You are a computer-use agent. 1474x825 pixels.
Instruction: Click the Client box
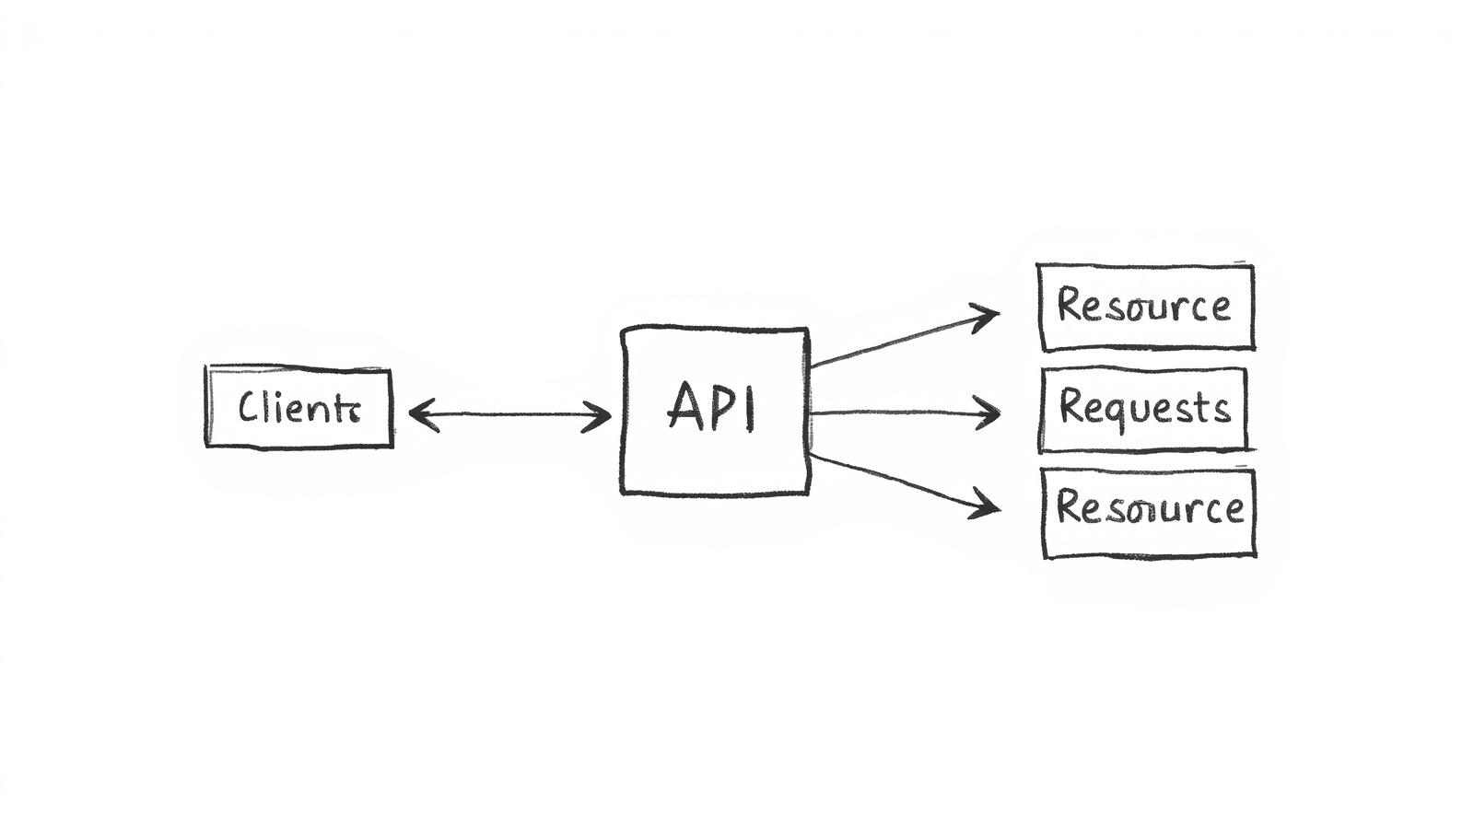(298, 408)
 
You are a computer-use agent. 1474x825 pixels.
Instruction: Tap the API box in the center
(715, 410)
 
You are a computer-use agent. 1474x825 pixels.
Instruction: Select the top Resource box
(1146, 308)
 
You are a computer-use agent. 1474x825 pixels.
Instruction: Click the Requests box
(1143, 410)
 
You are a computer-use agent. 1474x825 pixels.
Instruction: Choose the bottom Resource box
(1149, 512)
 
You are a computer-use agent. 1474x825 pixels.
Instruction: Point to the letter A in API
(683, 407)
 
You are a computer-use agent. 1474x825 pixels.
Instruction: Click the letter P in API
(721, 407)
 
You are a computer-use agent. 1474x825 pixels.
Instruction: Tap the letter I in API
(751, 408)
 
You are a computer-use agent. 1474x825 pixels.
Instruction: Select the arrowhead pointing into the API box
(603, 415)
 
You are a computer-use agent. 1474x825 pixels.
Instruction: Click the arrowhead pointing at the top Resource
(990, 317)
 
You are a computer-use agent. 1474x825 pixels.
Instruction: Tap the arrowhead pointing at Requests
(992, 413)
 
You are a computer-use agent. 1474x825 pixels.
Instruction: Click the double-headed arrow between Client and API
(509, 415)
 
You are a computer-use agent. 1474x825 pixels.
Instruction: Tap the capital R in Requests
(1070, 405)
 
